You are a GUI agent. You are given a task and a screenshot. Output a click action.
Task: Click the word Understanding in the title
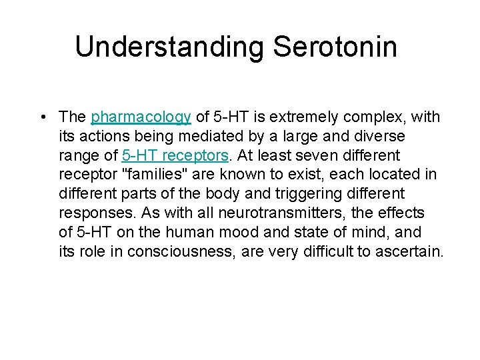169,47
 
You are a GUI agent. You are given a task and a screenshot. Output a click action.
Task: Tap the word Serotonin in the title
335,47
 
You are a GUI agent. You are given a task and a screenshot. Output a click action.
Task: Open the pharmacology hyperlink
141,117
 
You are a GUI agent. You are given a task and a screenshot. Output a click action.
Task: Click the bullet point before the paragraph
43,118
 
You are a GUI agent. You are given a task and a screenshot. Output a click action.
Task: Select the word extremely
305,117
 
